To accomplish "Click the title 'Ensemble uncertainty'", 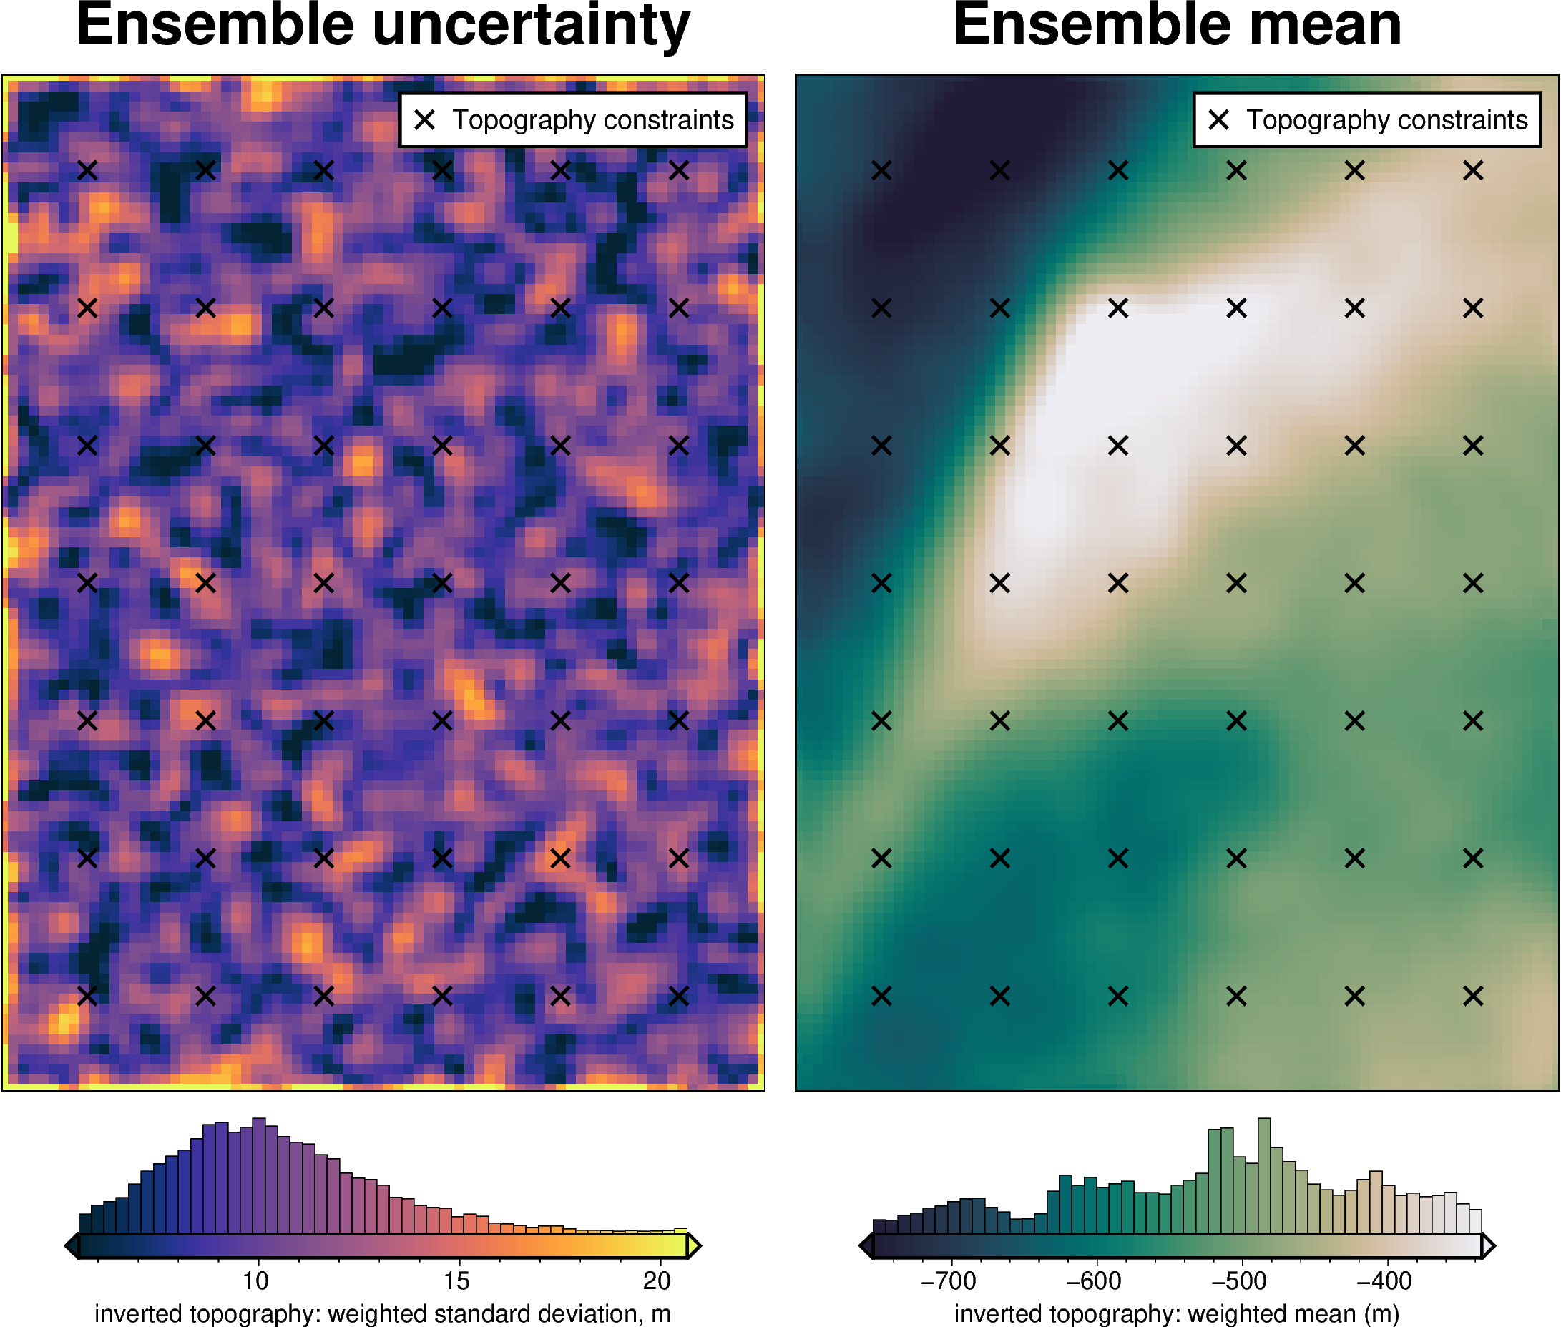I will click(x=383, y=26).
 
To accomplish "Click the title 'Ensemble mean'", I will click(x=1177, y=26).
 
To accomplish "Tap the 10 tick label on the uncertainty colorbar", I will click(x=256, y=1280).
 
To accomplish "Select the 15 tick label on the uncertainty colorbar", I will click(x=456, y=1280).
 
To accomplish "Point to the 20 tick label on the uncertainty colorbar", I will click(x=657, y=1280).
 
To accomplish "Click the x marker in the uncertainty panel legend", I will click(x=425, y=119).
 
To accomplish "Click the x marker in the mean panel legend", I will click(x=1219, y=119).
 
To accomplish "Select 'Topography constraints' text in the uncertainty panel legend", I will click(x=593, y=119).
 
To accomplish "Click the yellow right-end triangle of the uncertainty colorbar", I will click(x=695, y=1245).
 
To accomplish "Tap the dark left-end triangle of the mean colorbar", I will click(x=866, y=1245).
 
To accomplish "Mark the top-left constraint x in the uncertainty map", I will click(x=87, y=171).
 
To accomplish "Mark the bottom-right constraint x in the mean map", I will click(x=1473, y=996).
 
